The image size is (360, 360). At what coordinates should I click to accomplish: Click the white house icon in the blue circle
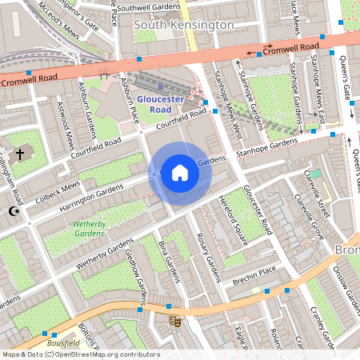pos(180,173)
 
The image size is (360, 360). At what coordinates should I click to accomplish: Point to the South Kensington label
pos(184,26)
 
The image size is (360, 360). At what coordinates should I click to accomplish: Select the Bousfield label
pos(63,342)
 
